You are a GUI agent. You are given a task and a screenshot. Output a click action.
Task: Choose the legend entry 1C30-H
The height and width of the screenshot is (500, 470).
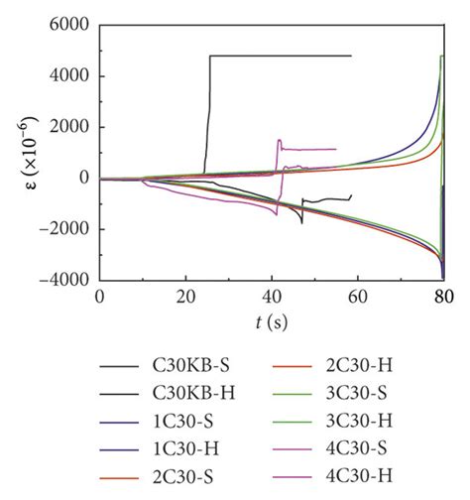coord(188,454)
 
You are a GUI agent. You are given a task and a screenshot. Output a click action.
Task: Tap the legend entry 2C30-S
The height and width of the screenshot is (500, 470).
coord(188,483)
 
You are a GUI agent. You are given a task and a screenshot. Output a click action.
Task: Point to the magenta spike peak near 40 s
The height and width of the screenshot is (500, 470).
coord(280,140)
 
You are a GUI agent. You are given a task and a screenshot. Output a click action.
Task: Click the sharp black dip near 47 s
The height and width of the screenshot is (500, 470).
coord(302,222)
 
